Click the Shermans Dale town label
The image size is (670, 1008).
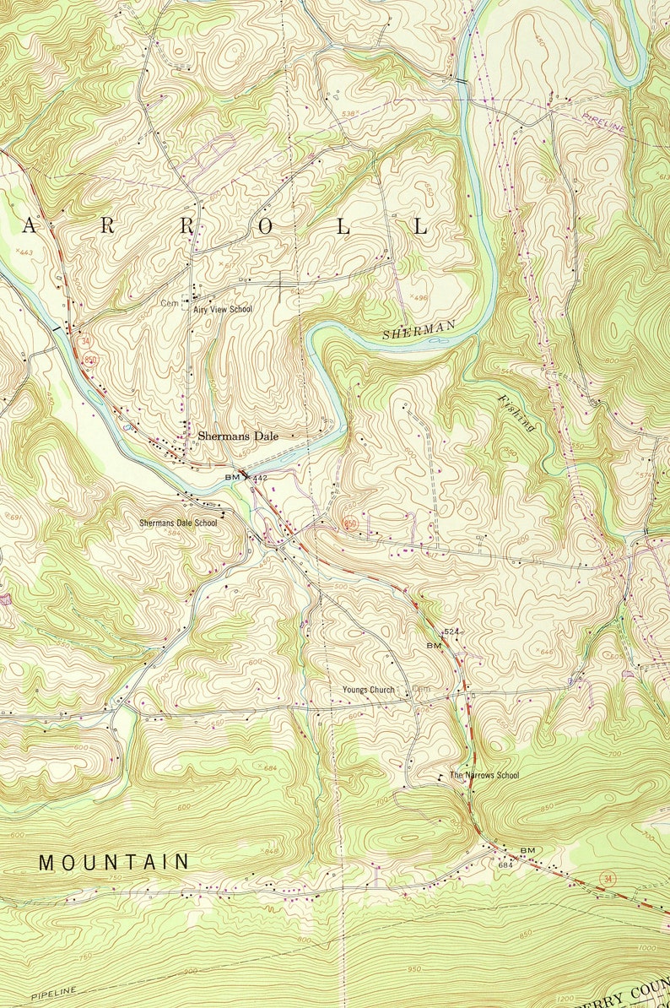pyautogui.click(x=237, y=436)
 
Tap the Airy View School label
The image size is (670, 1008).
pyautogui.click(x=223, y=310)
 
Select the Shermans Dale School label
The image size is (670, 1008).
pyautogui.click(x=178, y=523)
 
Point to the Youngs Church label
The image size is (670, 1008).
pyautogui.click(x=368, y=690)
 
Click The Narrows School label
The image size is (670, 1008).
pyautogui.click(x=484, y=775)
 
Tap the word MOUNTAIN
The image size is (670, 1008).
pyautogui.click(x=114, y=862)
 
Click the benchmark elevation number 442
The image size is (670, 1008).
pyautogui.click(x=260, y=478)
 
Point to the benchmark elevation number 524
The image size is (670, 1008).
pyautogui.click(x=451, y=631)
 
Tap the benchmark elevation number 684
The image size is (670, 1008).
pyautogui.click(x=505, y=864)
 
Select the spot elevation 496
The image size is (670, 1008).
pyautogui.click(x=420, y=297)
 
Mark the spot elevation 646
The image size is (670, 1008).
pyautogui.click(x=547, y=652)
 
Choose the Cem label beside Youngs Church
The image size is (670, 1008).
pyautogui.click(x=421, y=690)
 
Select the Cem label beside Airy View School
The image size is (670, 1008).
pyautogui.click(x=170, y=302)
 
